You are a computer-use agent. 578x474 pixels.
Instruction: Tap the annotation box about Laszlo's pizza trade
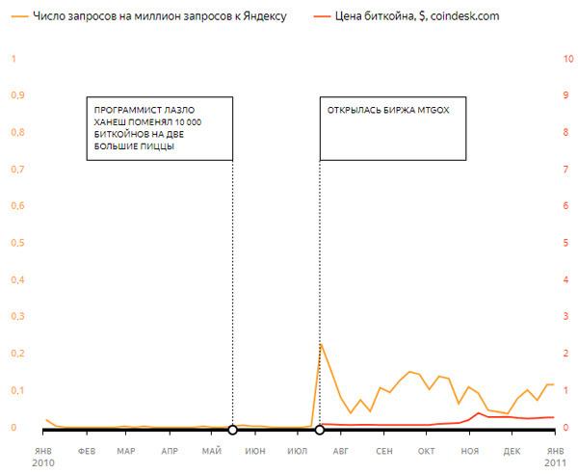(159, 127)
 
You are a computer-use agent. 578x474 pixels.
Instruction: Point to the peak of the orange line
(321, 344)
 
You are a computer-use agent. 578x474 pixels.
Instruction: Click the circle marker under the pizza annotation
(232, 429)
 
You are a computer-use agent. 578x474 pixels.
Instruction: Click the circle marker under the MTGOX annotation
(319, 429)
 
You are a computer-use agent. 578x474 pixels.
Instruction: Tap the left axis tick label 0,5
(15, 243)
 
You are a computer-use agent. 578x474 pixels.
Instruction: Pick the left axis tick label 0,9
(15, 95)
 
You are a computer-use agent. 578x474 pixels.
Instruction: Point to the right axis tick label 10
(567, 59)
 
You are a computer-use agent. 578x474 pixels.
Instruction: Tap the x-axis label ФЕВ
(86, 450)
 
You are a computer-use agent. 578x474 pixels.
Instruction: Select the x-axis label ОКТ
(426, 450)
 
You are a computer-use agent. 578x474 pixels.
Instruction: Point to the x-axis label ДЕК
(512, 450)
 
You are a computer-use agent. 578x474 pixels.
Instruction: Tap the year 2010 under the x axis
(44, 463)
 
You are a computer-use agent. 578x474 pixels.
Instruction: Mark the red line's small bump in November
(479, 413)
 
